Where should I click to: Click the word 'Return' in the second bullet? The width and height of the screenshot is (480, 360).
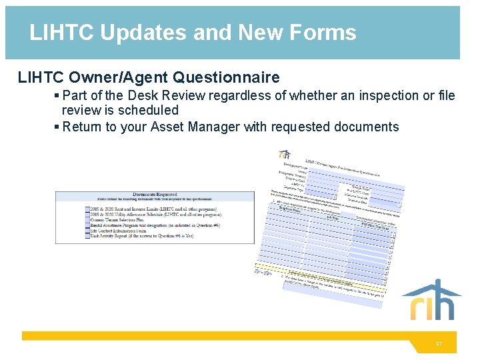pos(83,127)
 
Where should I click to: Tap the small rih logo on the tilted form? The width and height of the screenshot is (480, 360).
pos(285,155)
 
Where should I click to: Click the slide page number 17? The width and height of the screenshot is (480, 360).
pos(438,344)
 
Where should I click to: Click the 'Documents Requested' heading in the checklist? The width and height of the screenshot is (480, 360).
pos(154,195)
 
